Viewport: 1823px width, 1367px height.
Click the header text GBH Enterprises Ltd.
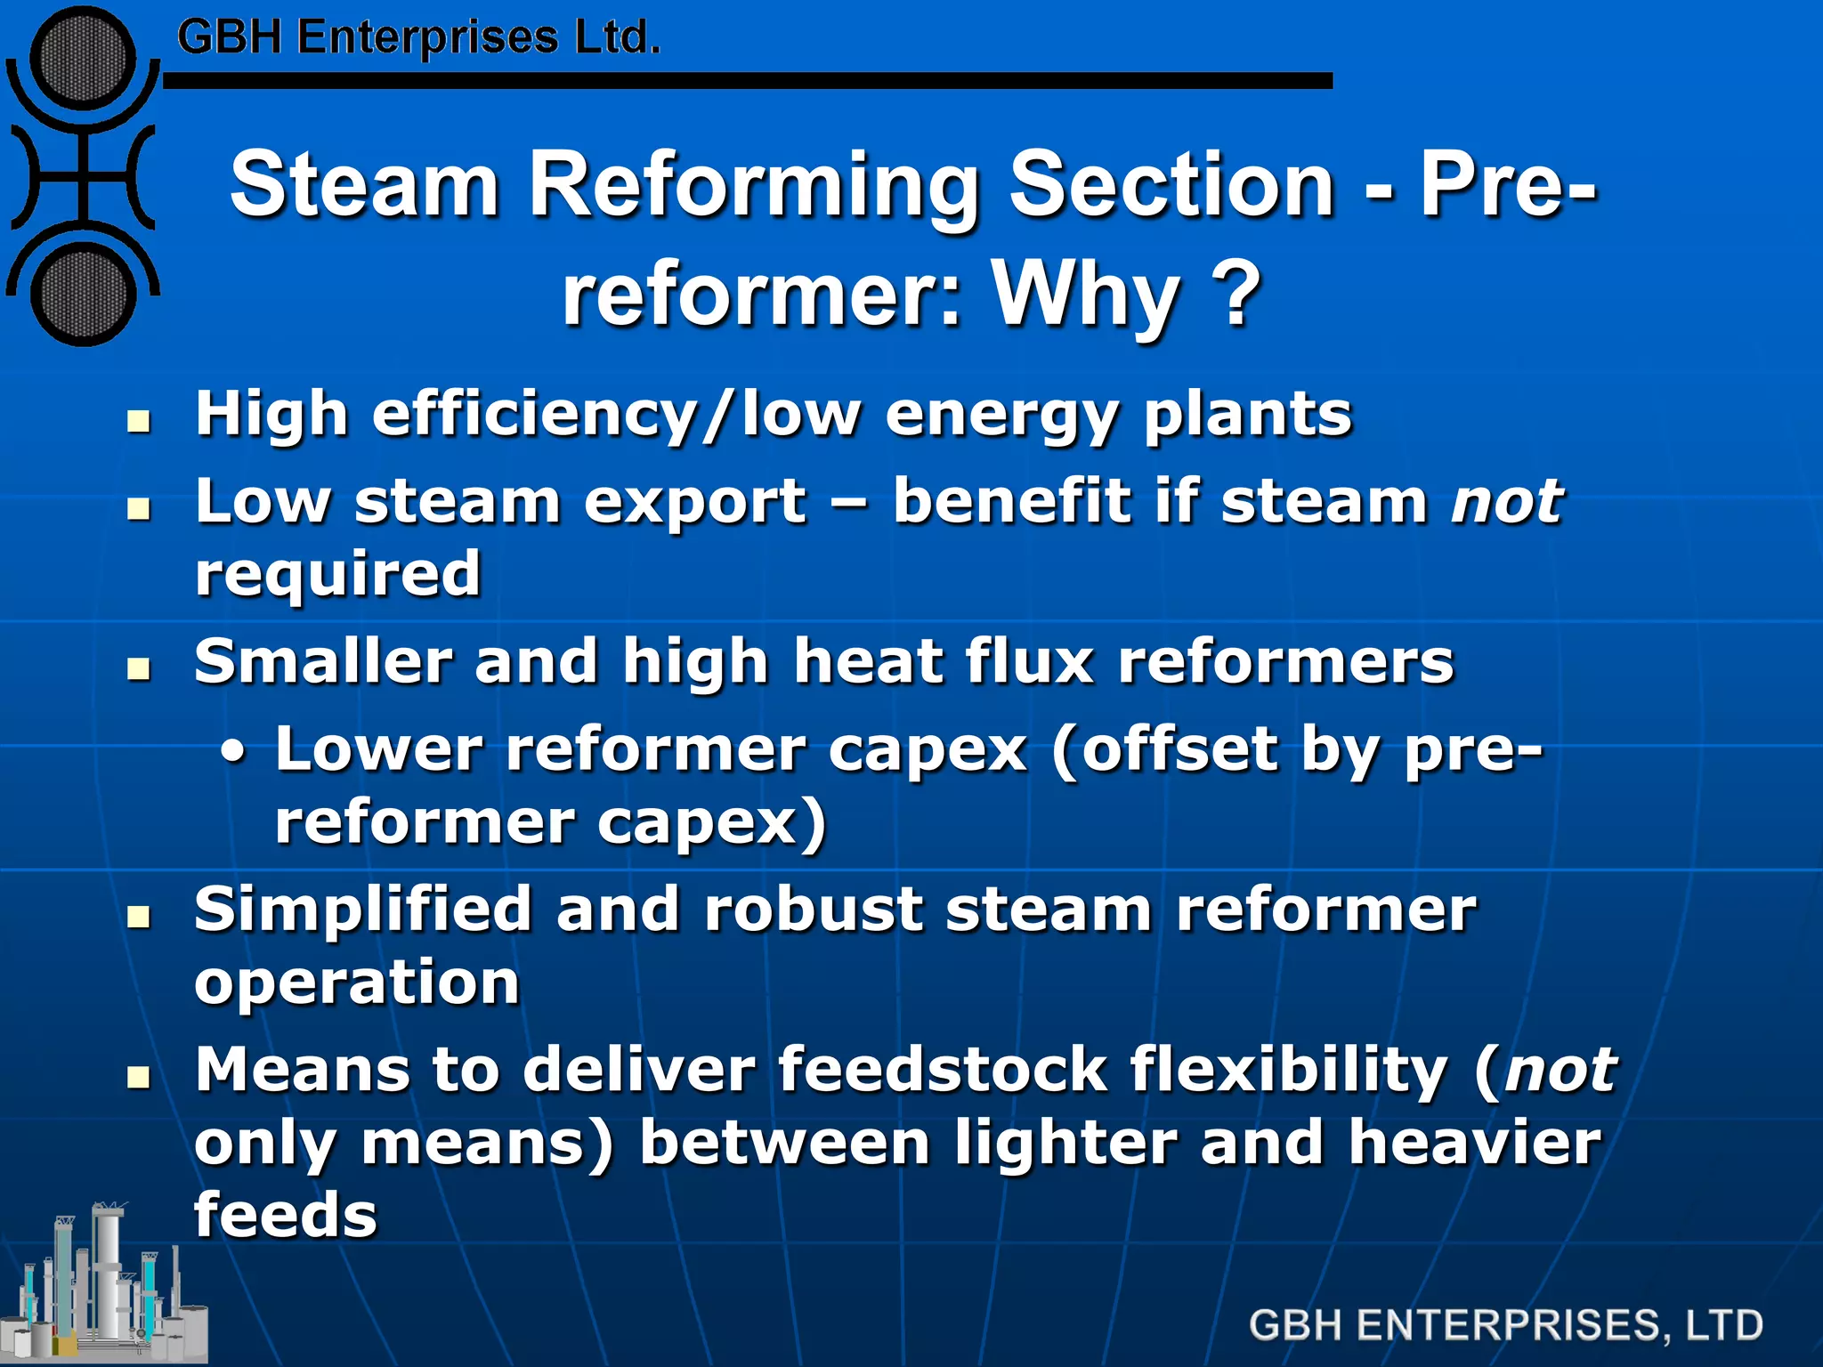point(418,37)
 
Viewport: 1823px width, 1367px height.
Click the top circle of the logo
point(83,59)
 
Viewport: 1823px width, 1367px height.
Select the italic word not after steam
point(1506,501)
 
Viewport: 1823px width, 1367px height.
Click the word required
point(338,574)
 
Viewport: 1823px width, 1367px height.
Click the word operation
point(356,983)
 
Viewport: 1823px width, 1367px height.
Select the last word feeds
point(285,1215)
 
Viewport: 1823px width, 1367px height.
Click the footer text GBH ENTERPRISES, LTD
point(1505,1325)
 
